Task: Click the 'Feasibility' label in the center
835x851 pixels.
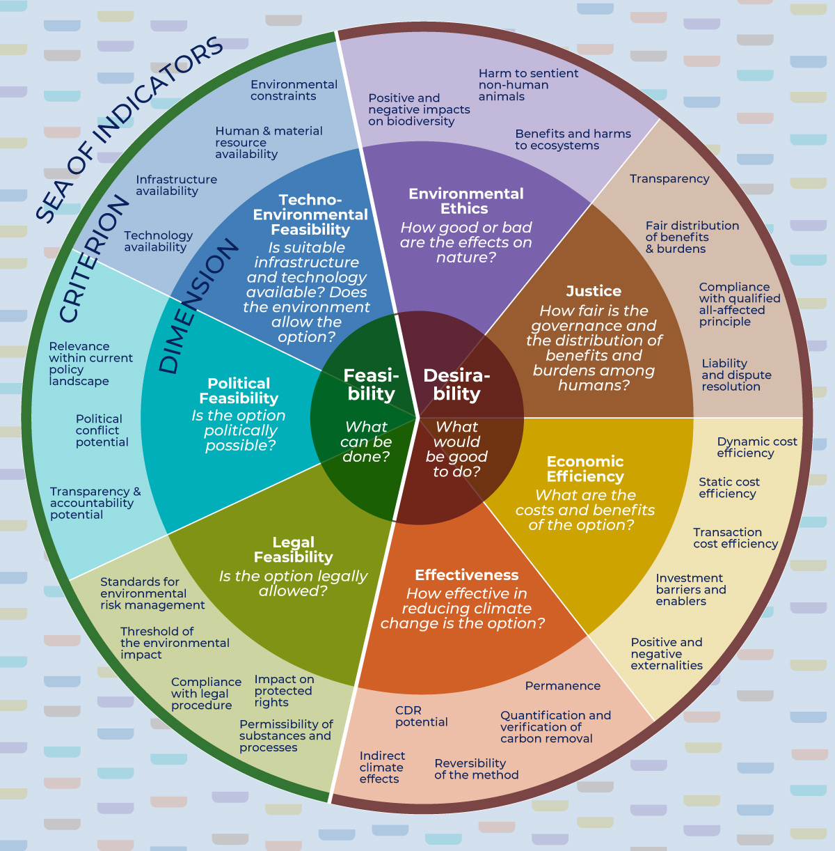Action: click(371, 384)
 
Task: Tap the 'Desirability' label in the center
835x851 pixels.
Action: click(456, 384)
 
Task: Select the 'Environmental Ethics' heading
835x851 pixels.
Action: click(466, 201)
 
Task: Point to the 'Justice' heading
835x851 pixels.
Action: click(594, 291)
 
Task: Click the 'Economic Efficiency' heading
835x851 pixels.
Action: click(585, 469)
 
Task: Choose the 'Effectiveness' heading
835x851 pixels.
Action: click(466, 575)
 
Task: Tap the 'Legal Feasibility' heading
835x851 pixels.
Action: click(293, 549)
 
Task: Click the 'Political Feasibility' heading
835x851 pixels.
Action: click(239, 391)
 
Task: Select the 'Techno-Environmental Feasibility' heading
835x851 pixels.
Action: click(310, 214)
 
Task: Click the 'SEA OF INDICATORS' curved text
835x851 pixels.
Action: click(129, 128)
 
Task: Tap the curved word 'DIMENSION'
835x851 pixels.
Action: click(198, 307)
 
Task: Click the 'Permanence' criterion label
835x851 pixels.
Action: click(562, 686)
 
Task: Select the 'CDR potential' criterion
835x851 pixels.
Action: click(421, 716)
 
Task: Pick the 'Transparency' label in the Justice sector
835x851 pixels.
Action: click(669, 179)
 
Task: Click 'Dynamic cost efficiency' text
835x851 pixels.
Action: click(756, 447)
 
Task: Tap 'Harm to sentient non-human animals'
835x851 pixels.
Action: click(528, 85)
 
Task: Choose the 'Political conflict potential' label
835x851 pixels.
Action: click(102, 430)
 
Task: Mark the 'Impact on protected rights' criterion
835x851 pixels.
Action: click(284, 691)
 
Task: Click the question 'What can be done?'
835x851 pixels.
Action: click(366, 442)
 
